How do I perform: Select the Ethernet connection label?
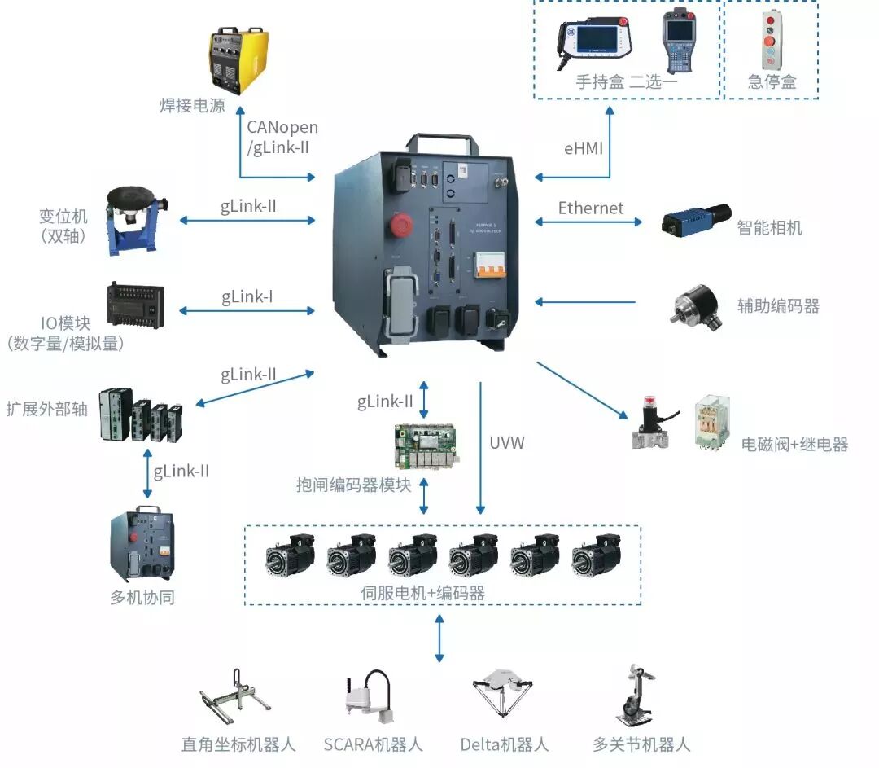tap(591, 208)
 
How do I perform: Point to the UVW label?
tap(507, 443)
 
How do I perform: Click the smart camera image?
tap(692, 221)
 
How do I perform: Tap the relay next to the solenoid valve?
tap(713, 422)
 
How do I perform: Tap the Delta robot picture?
tap(503, 698)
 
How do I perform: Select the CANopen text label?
tap(282, 128)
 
